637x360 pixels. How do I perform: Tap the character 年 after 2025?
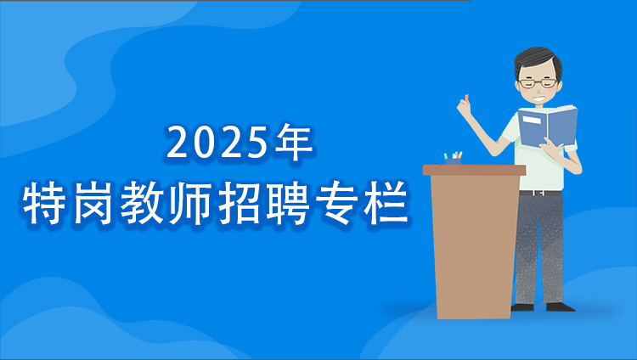294,143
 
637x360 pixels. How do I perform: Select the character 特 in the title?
44,205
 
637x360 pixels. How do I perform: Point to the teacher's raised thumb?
464,102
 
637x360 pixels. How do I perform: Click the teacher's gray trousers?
539,246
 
